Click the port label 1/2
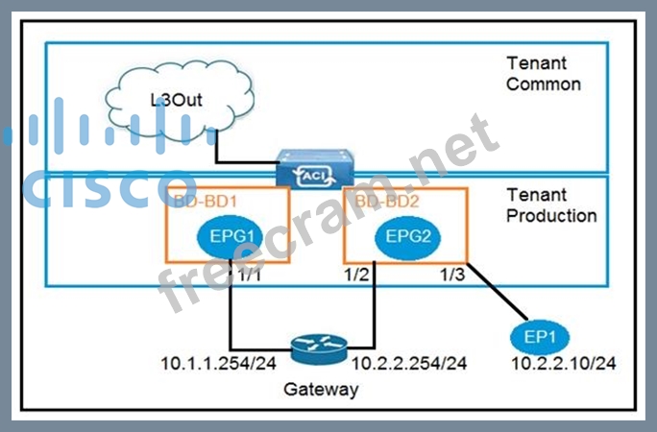(354, 276)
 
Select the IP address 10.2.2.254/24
(409, 363)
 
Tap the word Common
(544, 84)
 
